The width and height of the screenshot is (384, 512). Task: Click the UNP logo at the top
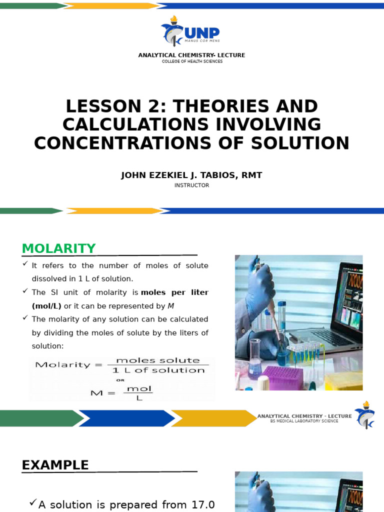(191, 32)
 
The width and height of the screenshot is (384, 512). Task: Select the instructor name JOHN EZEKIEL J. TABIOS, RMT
(191, 175)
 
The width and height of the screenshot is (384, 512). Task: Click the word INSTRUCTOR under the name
(191, 185)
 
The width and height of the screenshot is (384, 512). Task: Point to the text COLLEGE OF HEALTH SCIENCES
(191, 61)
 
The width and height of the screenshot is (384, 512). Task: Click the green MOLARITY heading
(58, 248)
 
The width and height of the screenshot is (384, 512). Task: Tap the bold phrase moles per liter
(175, 292)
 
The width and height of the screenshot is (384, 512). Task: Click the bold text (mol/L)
(46, 305)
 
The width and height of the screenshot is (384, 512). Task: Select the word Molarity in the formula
(56, 365)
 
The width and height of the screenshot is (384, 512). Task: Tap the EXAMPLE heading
(55, 465)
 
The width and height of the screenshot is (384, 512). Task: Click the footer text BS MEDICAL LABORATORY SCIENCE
(304, 421)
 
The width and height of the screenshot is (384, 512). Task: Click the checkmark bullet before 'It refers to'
(25, 264)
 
